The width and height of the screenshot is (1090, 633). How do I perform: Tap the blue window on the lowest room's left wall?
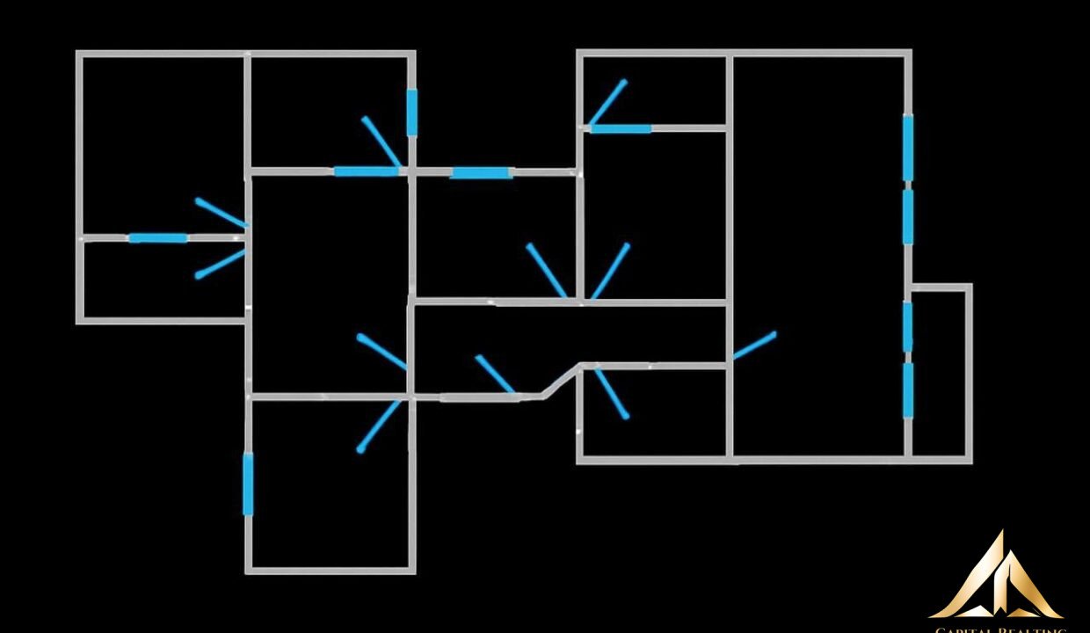pyautogui.click(x=248, y=484)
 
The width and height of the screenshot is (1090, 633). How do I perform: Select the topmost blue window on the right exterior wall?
pyautogui.click(x=907, y=147)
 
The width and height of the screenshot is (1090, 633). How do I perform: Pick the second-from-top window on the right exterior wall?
pyautogui.click(x=907, y=216)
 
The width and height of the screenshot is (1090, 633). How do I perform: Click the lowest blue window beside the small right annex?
pyautogui.click(x=907, y=390)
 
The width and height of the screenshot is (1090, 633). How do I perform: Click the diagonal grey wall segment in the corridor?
pyautogui.click(x=562, y=381)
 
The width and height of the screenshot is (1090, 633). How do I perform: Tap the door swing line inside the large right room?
pyautogui.click(x=754, y=346)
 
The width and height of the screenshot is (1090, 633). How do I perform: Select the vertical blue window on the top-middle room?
pyautogui.click(x=411, y=112)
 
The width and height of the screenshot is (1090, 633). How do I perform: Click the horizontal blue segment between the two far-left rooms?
pyautogui.click(x=158, y=237)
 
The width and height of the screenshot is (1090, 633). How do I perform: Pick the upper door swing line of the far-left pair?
pyautogui.click(x=221, y=213)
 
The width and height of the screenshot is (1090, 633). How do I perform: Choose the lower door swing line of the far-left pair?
pyautogui.click(x=220, y=264)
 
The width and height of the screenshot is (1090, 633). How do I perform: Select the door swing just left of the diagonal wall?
pyautogui.click(x=495, y=375)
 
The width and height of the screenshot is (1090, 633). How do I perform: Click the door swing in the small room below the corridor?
pyautogui.click(x=612, y=393)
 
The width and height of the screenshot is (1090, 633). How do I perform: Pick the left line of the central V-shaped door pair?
pyautogui.click(x=547, y=271)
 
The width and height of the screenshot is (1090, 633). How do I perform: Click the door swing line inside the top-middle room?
pyautogui.click(x=381, y=141)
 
